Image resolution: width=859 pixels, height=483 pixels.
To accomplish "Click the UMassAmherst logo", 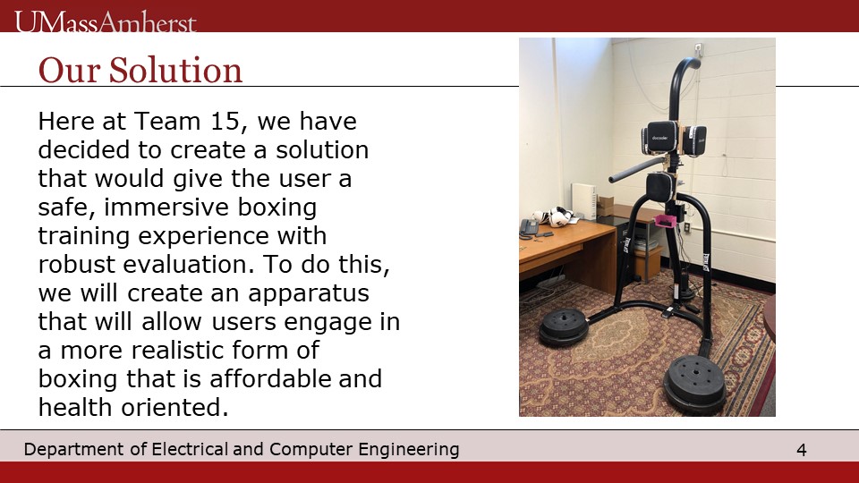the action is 106,21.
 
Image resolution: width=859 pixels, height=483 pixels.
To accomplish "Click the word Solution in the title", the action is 175,70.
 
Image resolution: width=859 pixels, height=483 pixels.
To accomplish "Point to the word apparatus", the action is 309,294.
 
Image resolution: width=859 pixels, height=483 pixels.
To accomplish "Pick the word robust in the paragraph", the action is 77,264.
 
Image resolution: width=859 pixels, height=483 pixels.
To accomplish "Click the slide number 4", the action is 801,450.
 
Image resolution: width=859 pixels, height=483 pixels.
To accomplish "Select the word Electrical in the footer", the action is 189,449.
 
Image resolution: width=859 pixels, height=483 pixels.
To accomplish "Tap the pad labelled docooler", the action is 659,138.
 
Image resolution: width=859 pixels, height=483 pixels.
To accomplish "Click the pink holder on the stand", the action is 665,221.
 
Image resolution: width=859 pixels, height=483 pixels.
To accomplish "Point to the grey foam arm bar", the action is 638,170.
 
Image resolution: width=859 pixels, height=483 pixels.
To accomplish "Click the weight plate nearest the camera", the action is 694,383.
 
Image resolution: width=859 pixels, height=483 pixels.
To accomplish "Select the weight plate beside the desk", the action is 564,326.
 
